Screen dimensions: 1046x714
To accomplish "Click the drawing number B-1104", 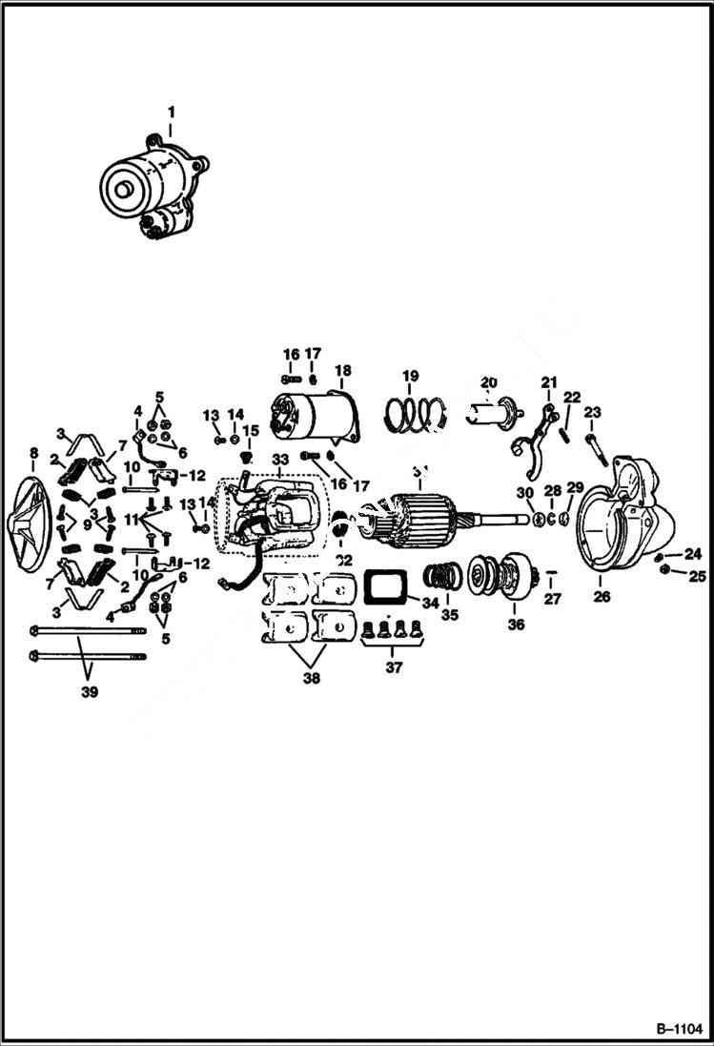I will (678, 1029).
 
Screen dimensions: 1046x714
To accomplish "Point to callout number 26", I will (601, 598).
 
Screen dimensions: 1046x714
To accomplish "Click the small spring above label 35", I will (440, 578).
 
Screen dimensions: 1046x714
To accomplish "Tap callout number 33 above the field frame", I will (279, 459).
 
